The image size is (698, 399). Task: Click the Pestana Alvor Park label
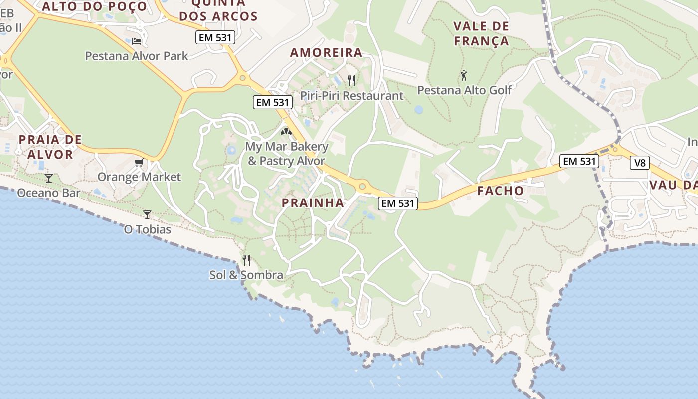coord(137,56)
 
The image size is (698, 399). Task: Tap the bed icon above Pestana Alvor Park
coord(137,41)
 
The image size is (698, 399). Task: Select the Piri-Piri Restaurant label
coord(351,95)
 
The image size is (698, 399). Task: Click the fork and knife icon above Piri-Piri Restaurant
coord(351,80)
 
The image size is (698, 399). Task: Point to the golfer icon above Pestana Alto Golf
coord(464,76)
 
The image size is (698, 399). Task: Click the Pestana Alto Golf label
coord(464,90)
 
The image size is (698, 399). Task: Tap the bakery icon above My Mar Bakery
coord(286,132)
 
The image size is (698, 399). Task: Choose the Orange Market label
coord(139,177)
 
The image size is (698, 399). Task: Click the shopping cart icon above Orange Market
coord(139,162)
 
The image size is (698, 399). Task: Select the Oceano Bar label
coord(48,193)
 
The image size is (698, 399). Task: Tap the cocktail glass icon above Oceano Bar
coord(49,178)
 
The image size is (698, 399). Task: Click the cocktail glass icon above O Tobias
coord(147,214)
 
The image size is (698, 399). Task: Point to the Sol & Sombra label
coord(246,275)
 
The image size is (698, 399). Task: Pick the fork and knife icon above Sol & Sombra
coord(246,260)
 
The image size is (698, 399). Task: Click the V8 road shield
coord(640,163)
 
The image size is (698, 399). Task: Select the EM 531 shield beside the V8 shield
coord(579,161)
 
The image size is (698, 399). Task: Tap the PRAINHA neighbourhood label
coord(313,203)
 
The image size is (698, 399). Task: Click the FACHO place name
coord(500,191)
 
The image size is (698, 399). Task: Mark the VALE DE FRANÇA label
coord(481,33)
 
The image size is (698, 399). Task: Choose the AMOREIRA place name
coord(326,53)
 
